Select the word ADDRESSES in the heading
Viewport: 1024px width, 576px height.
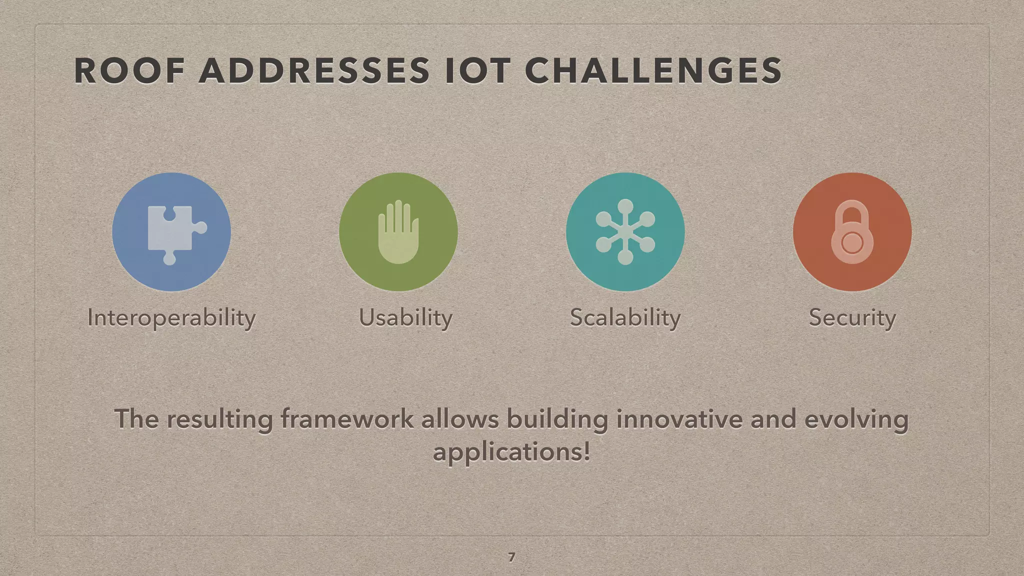coord(314,70)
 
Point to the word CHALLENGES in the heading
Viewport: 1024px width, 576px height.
coord(653,70)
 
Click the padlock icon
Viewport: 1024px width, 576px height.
coord(852,233)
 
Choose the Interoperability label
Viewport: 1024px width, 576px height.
coord(171,318)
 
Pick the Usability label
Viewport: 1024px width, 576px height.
coord(405,318)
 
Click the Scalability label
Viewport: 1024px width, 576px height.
coord(625,318)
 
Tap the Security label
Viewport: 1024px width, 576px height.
coord(852,318)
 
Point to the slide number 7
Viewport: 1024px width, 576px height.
coord(511,557)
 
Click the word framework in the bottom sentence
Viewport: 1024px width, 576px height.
coord(346,418)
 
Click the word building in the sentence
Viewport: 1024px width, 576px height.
coord(557,418)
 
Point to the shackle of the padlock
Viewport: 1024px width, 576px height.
coord(852,212)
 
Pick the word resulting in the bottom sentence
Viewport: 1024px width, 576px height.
coord(219,418)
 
